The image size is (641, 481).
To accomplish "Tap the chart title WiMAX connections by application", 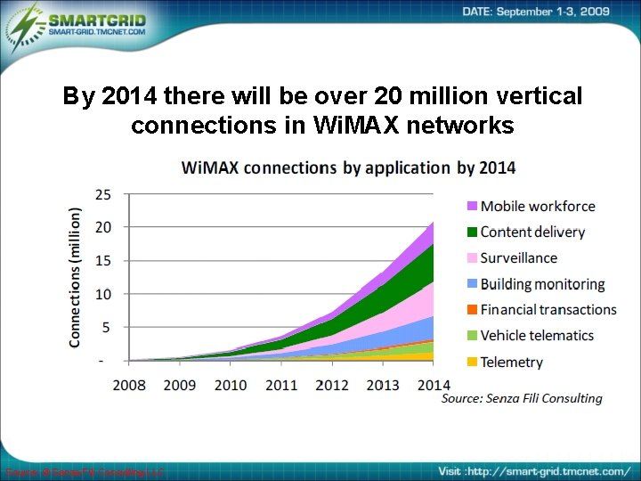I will coord(348,167).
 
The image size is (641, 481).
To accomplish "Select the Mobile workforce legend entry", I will coord(537,206).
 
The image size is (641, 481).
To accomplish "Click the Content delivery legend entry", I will coord(531,232).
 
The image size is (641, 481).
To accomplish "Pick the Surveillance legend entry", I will coord(518,257).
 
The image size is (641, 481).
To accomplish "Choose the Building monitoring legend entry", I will coord(541,284).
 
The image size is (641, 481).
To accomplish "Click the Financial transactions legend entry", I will coord(548,310).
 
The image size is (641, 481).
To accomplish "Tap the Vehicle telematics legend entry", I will coord(536,336).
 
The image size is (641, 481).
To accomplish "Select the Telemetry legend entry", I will coord(511,362).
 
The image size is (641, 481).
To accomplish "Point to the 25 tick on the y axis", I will coord(103,193).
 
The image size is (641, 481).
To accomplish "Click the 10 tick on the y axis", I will coord(103,294).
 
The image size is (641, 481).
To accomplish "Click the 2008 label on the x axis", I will coord(129,385).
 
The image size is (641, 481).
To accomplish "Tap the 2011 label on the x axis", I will coord(280,385).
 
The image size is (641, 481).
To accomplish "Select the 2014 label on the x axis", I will coord(434,385).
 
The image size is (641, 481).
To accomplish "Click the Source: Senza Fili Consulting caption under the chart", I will coord(522,399).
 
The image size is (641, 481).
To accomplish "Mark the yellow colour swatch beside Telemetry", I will coord(472,363).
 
